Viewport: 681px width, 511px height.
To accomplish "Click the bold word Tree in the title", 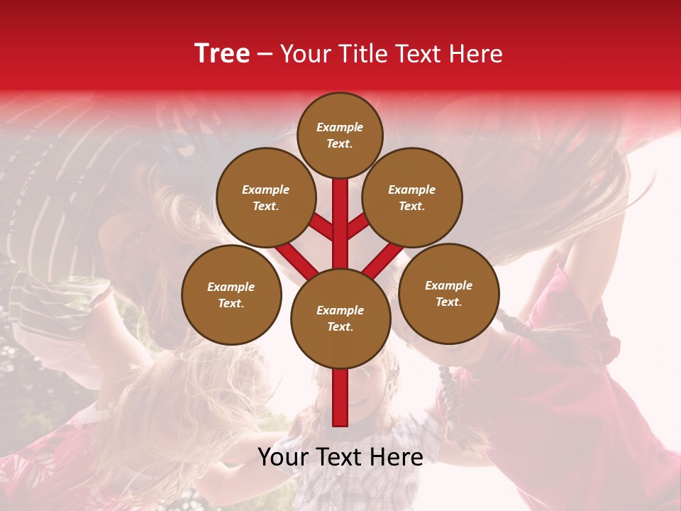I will [x=222, y=54].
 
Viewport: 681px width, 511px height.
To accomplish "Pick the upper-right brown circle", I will [x=412, y=198].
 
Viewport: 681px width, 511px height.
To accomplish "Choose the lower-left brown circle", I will [x=231, y=295].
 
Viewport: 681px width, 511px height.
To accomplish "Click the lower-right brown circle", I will [x=449, y=293].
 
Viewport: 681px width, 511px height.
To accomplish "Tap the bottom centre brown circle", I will [x=340, y=319].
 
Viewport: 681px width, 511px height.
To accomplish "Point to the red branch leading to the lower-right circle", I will [x=384, y=260].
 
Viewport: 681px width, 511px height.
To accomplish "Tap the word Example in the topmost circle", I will [x=340, y=127].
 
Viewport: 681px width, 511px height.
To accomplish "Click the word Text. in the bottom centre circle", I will [x=340, y=326].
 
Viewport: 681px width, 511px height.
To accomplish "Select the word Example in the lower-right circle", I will [x=448, y=285].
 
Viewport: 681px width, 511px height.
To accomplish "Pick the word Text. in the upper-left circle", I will [x=265, y=206].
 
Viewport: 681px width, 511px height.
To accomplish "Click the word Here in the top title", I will [x=477, y=54].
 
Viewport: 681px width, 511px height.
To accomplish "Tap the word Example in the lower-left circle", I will [x=231, y=287].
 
